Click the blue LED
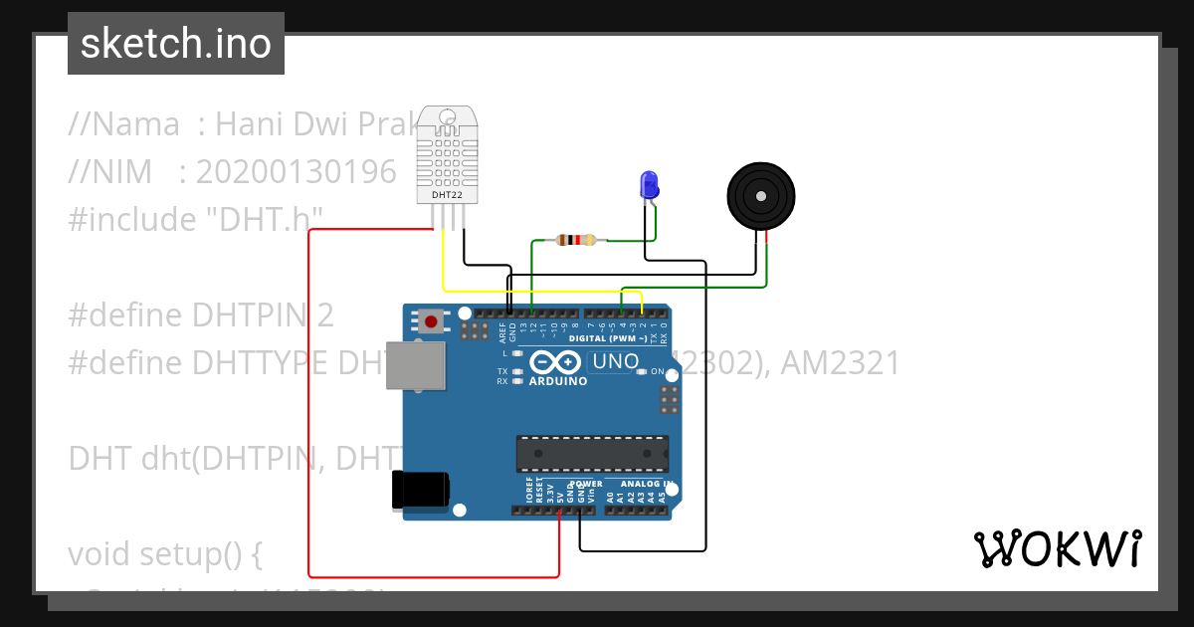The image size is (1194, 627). click(x=649, y=184)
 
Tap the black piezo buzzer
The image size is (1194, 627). click(x=761, y=195)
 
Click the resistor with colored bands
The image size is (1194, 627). click(x=576, y=239)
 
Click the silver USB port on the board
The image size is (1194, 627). click(x=416, y=364)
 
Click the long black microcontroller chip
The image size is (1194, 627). click(x=592, y=453)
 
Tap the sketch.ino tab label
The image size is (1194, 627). click(x=176, y=44)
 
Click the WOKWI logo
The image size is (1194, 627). click(x=1057, y=548)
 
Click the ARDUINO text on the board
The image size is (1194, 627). click(x=558, y=380)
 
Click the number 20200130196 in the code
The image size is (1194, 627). click(x=296, y=172)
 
